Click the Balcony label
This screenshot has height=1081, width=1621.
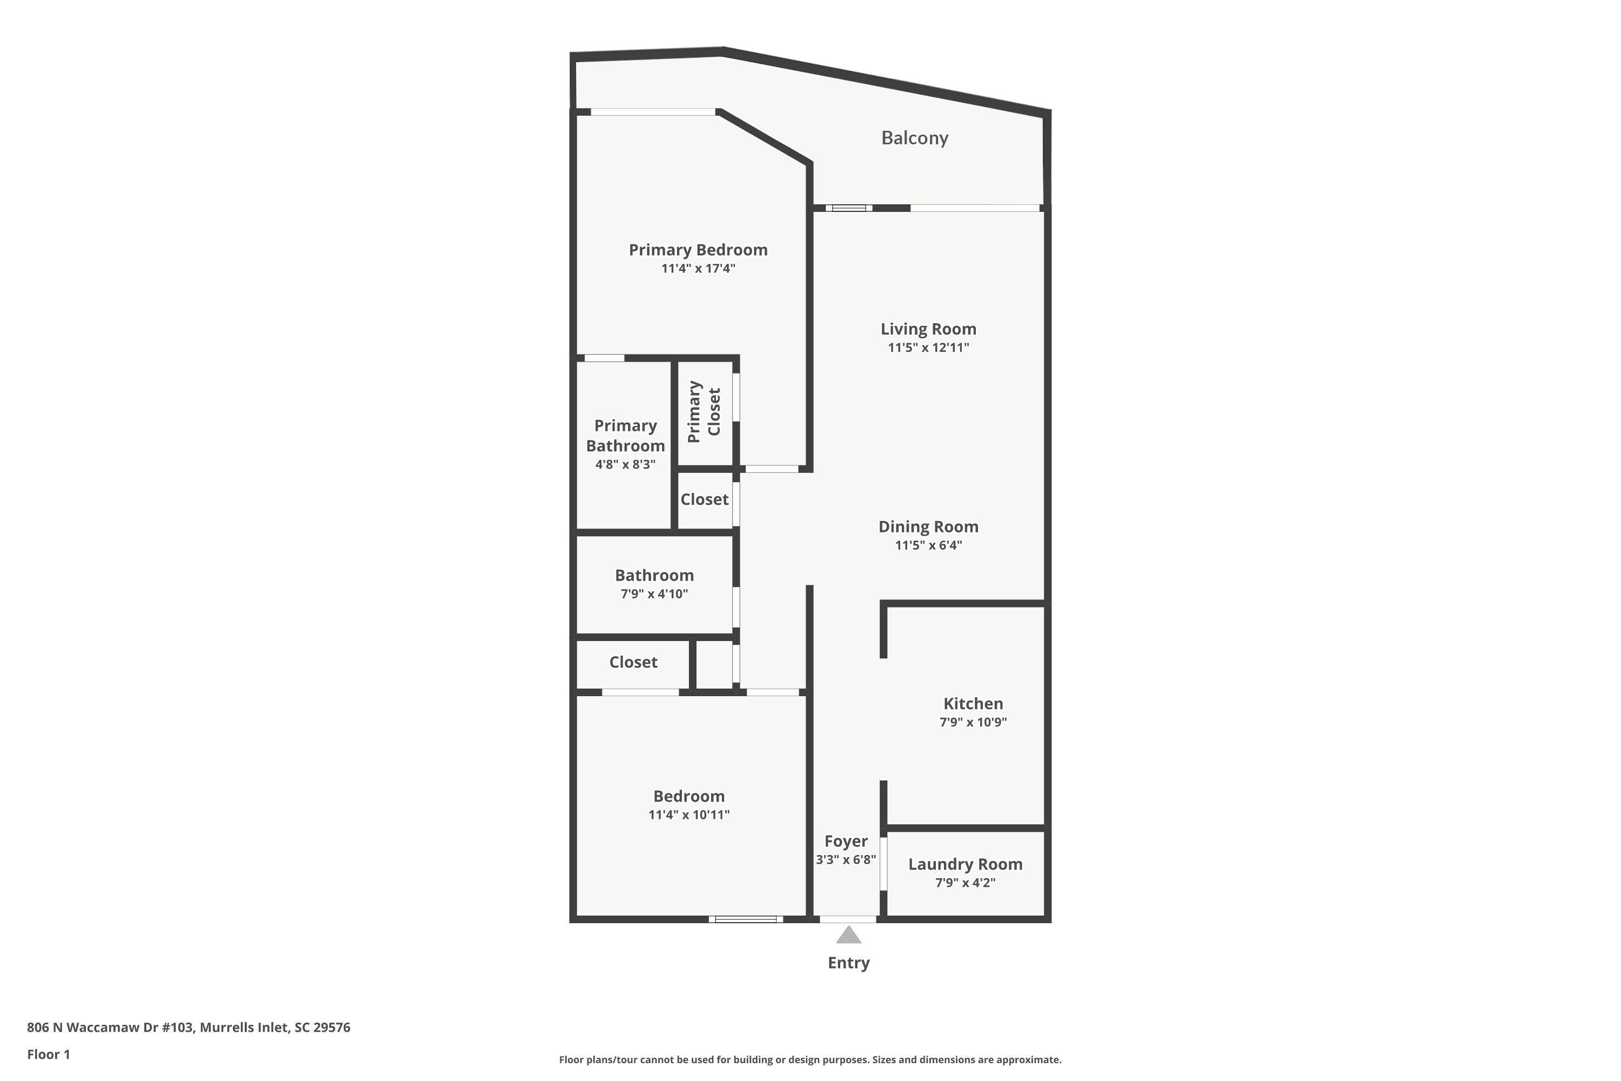tap(915, 138)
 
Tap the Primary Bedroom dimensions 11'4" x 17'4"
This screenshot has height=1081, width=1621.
tap(698, 268)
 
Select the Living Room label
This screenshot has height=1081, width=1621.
tap(928, 329)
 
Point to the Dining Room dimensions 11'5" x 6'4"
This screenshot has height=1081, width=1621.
tap(928, 545)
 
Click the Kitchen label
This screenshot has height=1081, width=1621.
tap(973, 703)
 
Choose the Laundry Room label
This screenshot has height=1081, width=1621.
tap(965, 864)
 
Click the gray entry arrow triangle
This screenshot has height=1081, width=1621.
tap(848, 935)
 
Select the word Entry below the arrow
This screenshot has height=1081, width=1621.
tap(848, 963)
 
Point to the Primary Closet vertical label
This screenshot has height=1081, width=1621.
tap(704, 411)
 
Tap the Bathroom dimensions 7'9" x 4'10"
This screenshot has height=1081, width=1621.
tap(654, 594)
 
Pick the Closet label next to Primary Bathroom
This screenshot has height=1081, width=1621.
tap(705, 499)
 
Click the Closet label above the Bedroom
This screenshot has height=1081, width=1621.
tap(633, 662)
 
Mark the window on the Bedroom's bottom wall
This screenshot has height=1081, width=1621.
tap(746, 919)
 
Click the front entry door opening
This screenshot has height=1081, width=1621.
tap(848, 919)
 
